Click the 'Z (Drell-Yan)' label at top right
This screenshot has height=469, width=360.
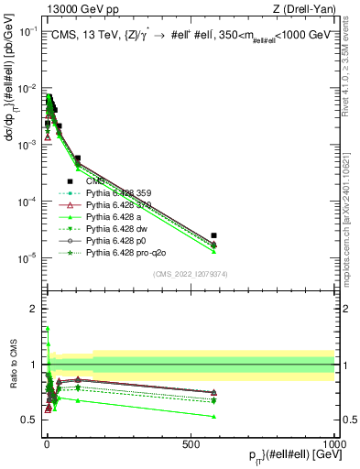[301, 9]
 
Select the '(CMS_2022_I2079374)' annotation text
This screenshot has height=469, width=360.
[191, 272]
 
